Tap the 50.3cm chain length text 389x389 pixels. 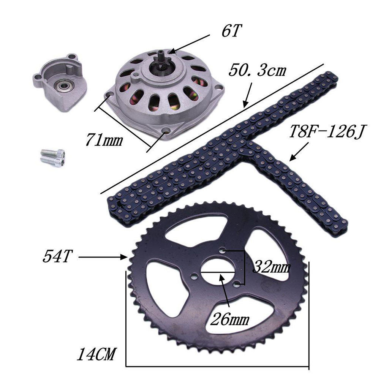[x=258, y=70]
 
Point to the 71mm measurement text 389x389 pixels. [x=103, y=140]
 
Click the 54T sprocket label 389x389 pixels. [x=57, y=257]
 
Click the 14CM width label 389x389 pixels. [x=96, y=355]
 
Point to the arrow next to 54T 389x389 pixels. [x=103, y=258]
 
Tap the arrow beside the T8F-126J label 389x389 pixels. [x=299, y=153]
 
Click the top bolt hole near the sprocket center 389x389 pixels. [x=223, y=251]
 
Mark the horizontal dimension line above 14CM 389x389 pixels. [x=217, y=366]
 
